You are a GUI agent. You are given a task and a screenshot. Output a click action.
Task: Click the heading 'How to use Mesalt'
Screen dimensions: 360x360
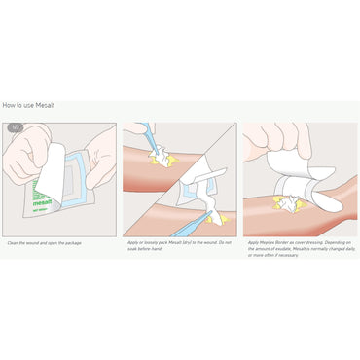pos(28,103)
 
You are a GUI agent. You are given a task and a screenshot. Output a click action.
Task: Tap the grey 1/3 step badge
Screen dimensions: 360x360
pos(15,127)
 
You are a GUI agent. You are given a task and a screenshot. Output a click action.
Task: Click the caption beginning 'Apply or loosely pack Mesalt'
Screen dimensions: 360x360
pos(180,242)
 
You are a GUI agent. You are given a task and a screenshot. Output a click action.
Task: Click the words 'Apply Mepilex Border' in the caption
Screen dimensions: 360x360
pos(268,242)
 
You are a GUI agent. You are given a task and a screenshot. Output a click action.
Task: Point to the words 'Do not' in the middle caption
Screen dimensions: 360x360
pos(224,242)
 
